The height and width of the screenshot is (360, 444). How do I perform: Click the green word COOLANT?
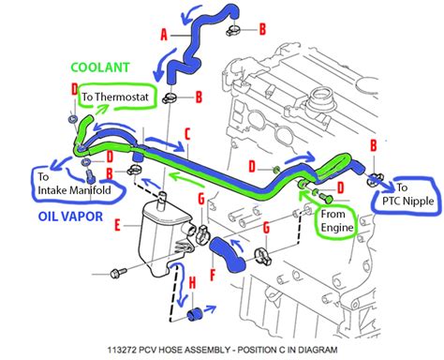point(100,67)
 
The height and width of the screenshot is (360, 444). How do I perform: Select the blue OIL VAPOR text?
point(70,217)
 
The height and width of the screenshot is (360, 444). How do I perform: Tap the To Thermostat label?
point(115,97)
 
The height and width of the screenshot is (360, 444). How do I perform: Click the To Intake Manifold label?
point(74,184)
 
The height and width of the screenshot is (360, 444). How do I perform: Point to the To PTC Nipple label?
point(407,194)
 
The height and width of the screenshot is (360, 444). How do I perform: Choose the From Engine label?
point(337,220)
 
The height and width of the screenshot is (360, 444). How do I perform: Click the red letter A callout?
point(164,35)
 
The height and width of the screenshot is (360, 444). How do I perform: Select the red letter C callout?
point(187,134)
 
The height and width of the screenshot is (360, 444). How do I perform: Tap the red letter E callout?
point(117,225)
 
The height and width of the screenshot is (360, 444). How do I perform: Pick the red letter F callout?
point(213,275)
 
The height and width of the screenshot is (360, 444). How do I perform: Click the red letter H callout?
point(192,283)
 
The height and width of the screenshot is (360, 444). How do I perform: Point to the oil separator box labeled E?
point(164,236)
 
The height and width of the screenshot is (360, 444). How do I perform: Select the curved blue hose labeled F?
point(228,254)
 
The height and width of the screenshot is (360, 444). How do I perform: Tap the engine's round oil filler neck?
point(321,99)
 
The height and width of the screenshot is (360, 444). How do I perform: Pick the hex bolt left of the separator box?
point(118,273)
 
